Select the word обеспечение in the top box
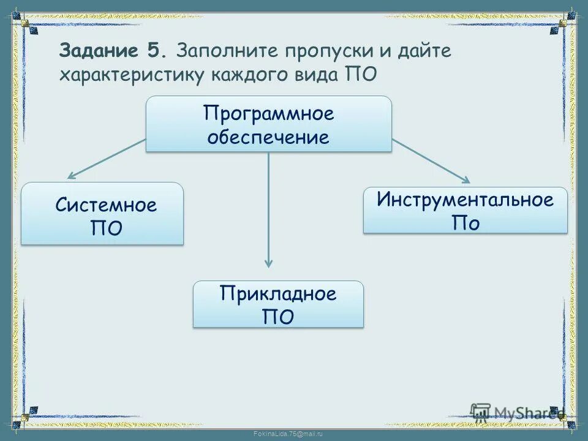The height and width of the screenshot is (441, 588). click(x=268, y=137)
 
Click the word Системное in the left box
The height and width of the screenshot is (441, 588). click(x=106, y=205)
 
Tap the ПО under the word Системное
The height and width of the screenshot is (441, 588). click(x=106, y=228)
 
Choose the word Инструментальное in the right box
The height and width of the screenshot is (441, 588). click(x=466, y=200)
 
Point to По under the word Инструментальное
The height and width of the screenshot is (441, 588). click(x=466, y=223)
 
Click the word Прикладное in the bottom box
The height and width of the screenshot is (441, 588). click(x=278, y=293)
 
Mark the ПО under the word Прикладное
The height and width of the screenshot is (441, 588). click(x=278, y=317)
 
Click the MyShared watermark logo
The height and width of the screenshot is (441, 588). click(x=514, y=412)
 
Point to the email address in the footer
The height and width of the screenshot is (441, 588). click(x=288, y=434)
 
